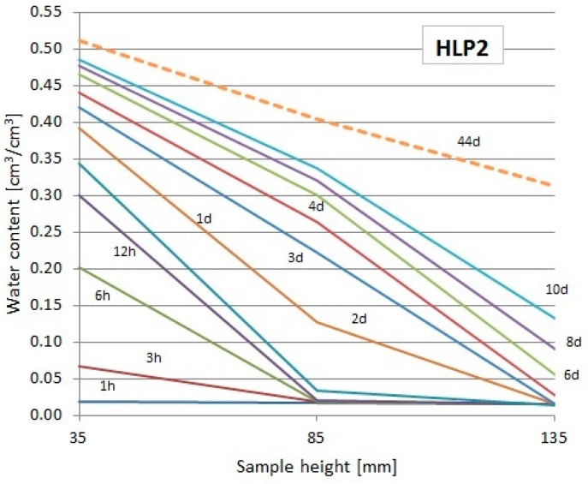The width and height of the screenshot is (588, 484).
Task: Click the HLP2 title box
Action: coord(463,50)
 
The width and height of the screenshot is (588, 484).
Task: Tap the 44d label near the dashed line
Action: coord(468,140)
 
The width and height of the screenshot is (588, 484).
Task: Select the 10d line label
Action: coord(558,290)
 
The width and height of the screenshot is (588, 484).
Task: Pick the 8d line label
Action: coord(573,343)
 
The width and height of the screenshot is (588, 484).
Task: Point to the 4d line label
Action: coord(317,206)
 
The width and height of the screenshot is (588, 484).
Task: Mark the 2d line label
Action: coord(359,319)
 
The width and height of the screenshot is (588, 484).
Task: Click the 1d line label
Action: coord(204,218)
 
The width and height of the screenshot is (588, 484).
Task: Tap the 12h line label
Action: coord(125,251)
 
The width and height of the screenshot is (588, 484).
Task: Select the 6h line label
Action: coord(104,295)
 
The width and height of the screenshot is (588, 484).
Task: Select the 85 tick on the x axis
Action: coord(318,436)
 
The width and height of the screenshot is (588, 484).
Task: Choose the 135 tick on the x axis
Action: coord(555,436)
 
